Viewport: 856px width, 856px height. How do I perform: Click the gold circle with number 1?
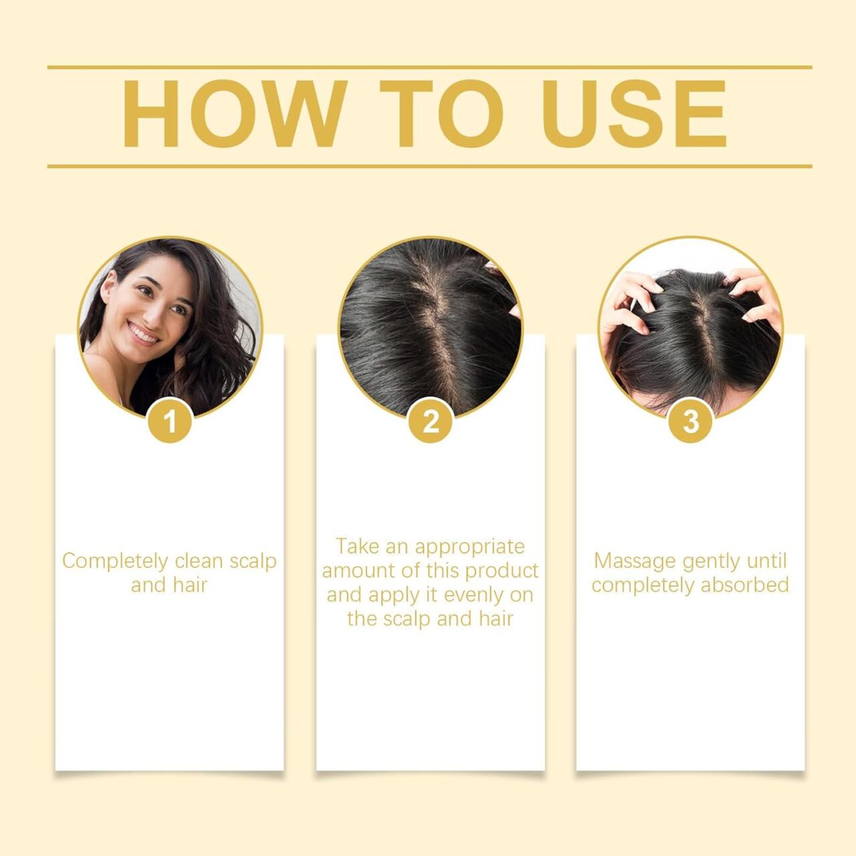coord(170,421)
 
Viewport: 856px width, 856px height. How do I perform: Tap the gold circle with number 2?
coord(431,421)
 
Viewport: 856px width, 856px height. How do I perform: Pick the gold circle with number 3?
coord(691,421)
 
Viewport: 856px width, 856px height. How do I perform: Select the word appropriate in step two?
coord(469,546)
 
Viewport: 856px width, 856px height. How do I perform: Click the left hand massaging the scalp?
coord(625,308)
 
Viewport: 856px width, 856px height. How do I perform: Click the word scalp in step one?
coord(252,561)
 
